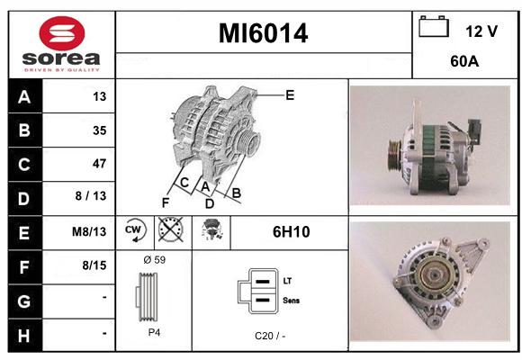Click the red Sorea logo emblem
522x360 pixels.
[62, 33]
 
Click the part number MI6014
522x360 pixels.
[263, 33]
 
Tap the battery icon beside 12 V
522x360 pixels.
[434, 26]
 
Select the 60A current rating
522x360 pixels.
[464, 61]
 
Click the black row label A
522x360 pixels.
[24, 97]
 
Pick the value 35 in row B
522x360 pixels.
[100, 130]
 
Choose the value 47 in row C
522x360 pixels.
[100, 164]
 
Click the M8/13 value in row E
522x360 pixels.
[89, 231]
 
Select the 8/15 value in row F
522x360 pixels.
[94, 265]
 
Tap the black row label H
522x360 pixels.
[24, 336]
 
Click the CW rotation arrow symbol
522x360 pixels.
[135, 230]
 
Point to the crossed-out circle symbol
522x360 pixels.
[171, 229]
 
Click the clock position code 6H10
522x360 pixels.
[292, 232]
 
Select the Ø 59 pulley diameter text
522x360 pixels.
[155, 260]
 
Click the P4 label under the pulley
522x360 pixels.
[154, 332]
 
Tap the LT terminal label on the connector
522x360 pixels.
[287, 281]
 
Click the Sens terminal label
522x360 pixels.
[292, 301]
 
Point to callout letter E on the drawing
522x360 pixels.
[290, 95]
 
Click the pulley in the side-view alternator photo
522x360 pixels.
[395, 156]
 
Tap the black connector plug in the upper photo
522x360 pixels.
[474, 131]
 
